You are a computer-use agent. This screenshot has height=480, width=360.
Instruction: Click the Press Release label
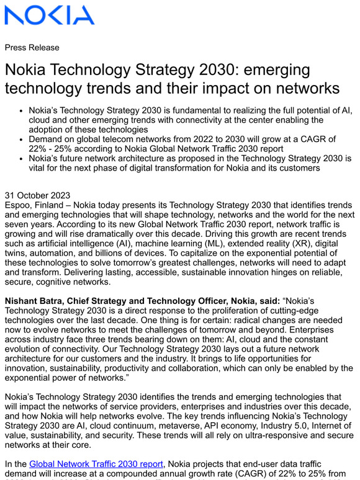32,48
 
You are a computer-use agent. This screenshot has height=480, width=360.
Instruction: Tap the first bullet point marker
20,110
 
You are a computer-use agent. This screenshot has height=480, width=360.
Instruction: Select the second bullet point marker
20,140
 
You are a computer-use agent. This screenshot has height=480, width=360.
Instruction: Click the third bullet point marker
20,159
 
